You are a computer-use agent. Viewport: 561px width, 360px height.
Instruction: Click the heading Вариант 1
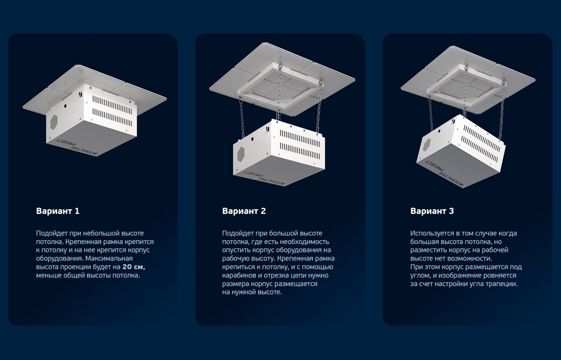[x=57, y=211]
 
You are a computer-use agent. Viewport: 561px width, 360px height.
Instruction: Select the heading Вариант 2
[x=244, y=211]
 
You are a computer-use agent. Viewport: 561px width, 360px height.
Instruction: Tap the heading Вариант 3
[x=432, y=211]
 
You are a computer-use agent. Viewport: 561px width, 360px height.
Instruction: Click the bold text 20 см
[x=134, y=266]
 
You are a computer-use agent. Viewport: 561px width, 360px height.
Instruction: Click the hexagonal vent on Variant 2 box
[x=241, y=154]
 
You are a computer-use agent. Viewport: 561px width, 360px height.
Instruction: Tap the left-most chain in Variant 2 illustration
[x=242, y=118]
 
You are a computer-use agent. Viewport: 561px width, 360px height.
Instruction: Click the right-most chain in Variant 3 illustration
[x=502, y=111]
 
